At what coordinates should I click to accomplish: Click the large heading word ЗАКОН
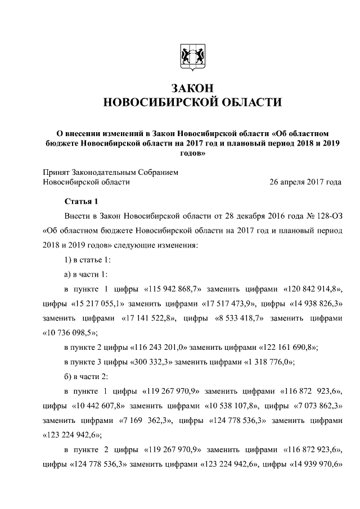189,88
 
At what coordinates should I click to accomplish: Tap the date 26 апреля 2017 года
305,182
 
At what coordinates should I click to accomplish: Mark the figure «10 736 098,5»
70,332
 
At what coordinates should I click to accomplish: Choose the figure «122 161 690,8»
289,347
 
